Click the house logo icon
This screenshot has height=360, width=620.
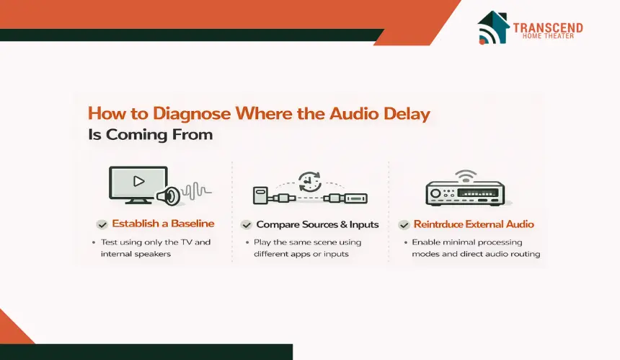[493, 27]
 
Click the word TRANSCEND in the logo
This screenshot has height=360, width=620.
[548, 27]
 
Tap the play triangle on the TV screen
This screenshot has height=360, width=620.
[139, 181]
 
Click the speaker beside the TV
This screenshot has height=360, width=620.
[169, 196]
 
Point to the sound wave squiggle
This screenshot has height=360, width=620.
[197, 191]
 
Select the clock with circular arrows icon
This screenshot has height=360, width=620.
[309, 182]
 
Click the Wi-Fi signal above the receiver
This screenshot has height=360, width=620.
[466, 176]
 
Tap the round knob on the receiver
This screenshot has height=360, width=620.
[435, 193]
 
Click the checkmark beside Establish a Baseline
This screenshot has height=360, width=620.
[102, 224]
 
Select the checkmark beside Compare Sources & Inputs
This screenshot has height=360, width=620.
[247, 225]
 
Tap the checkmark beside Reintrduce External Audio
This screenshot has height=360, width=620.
[404, 225]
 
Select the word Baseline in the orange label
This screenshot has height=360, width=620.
[192, 224]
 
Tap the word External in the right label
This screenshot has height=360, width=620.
[484, 224]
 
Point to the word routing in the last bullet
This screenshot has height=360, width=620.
[525, 255]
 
